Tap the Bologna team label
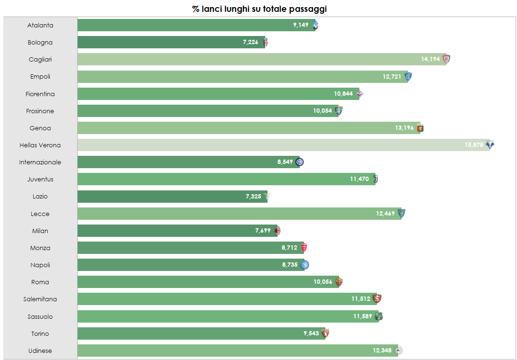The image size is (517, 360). tap(40, 43)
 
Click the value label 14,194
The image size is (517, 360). tap(430, 59)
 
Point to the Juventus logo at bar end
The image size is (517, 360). tap(375, 179)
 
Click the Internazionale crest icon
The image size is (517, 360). tap(300, 162)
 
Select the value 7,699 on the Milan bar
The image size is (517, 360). tap(263, 231)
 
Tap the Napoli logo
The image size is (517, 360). tap(305, 265)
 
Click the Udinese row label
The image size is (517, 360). tap(40, 351)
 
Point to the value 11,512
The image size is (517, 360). tap(360, 299)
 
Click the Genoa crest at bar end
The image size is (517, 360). tap(420, 128)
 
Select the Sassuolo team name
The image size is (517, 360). tap(40, 316)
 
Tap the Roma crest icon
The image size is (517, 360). tap(339, 282)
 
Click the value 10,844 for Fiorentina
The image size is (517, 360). tap(343, 94)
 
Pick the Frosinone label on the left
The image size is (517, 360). tap(40, 111)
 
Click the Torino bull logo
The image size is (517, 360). tap(325, 333)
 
